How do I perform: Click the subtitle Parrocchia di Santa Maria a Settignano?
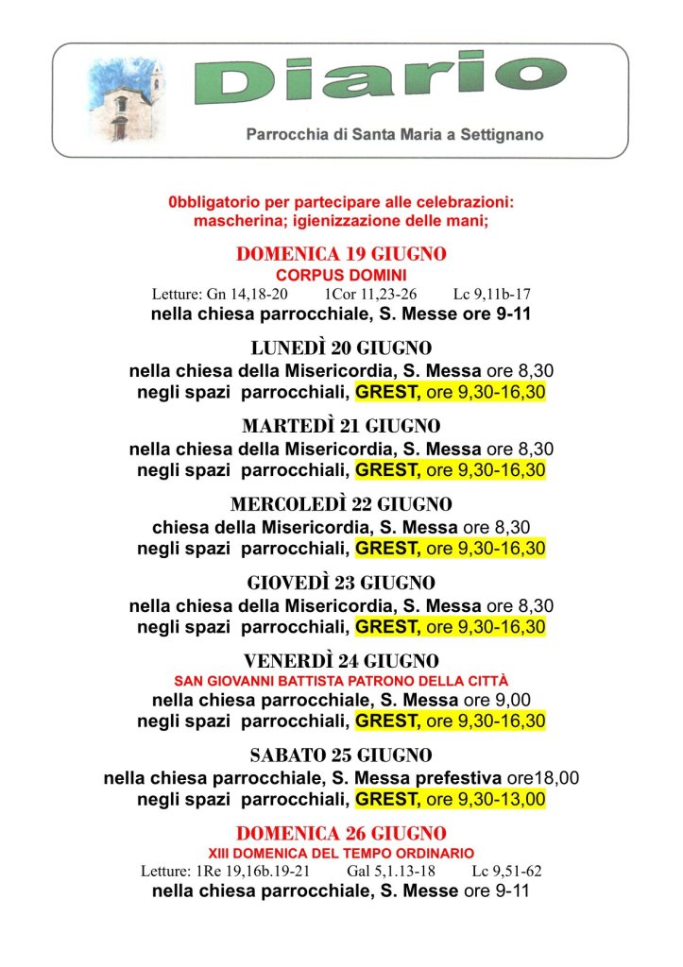click(394, 135)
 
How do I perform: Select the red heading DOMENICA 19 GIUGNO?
click(341, 254)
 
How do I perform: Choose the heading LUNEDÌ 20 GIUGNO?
click(341, 348)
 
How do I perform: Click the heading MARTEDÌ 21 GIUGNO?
click(341, 426)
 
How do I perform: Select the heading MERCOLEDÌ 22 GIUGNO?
click(341, 504)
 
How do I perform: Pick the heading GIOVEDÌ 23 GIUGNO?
click(341, 583)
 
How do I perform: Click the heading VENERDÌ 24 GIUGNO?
click(341, 660)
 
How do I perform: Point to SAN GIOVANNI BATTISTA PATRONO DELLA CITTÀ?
click(341, 680)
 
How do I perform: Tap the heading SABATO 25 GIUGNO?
click(341, 756)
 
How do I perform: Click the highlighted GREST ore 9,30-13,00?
click(451, 800)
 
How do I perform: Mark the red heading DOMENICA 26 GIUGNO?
click(341, 834)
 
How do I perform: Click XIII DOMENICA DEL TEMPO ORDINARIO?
click(341, 853)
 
